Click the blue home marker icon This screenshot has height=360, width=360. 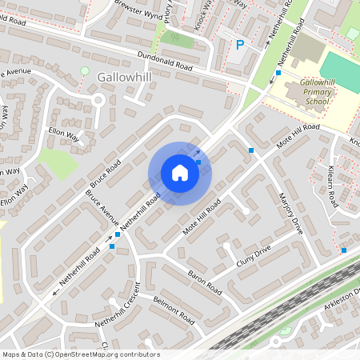pos(180,173)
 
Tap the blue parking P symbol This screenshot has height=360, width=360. pos(239,45)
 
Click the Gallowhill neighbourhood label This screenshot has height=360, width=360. pos(123,76)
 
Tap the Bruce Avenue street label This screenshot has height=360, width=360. pos(102,210)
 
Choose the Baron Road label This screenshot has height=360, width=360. pos(204,281)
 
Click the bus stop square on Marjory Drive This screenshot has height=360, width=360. pos(251,150)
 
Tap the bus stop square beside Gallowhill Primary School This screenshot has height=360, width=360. pos(278,73)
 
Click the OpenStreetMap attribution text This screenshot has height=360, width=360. pos(80,354)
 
